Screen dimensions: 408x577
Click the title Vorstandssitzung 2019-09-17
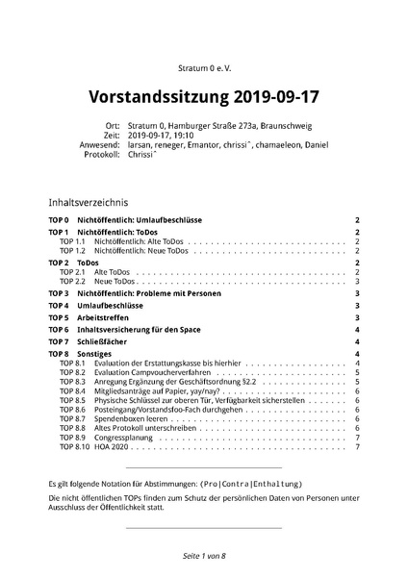coord(203,97)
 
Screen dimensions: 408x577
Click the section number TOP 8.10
coord(74,447)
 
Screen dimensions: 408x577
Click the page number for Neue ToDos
coord(357,281)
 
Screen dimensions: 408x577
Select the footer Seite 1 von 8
coord(203,557)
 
